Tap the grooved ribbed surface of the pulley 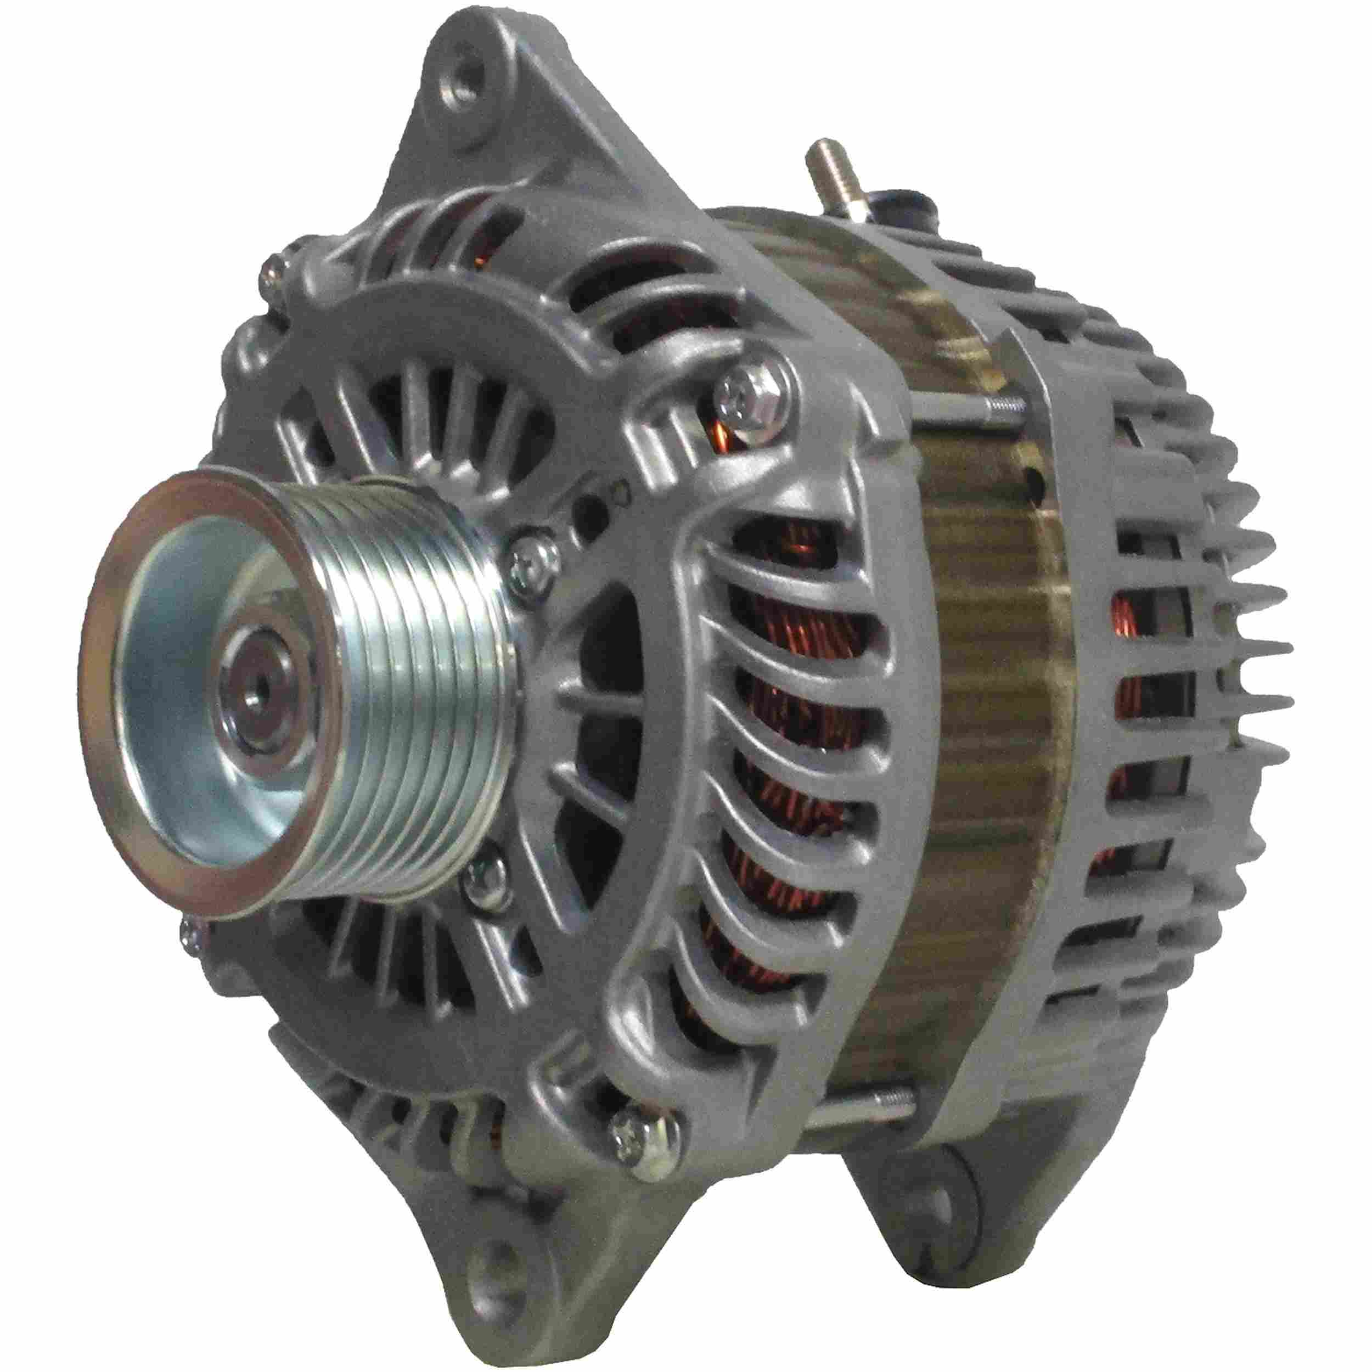426,674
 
